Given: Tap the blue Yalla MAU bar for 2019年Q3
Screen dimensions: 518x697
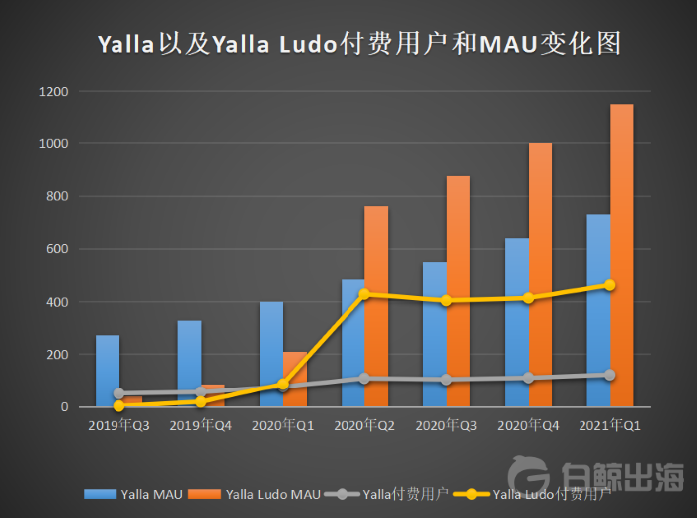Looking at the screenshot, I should click(x=108, y=371).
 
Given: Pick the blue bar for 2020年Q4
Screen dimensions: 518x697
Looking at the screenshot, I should click(x=517, y=323).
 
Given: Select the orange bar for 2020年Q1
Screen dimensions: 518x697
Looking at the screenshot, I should click(x=294, y=379).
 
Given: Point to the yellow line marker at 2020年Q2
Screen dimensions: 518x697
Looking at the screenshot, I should click(x=364, y=294).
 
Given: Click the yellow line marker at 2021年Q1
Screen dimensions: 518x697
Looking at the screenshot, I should click(x=610, y=285).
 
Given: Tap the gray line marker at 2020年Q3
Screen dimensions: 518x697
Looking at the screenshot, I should click(x=446, y=380).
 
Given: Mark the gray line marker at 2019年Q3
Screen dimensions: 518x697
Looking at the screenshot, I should click(x=119, y=393).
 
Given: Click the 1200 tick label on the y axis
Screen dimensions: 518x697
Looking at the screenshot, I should click(x=54, y=92).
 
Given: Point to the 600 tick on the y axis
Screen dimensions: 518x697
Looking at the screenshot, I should click(x=57, y=249).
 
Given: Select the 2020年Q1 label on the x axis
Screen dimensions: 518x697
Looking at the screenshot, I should click(x=282, y=424).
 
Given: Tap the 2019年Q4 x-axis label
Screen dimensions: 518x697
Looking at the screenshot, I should click(x=200, y=424).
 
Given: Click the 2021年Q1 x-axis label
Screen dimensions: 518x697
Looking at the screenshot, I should click(x=609, y=424).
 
